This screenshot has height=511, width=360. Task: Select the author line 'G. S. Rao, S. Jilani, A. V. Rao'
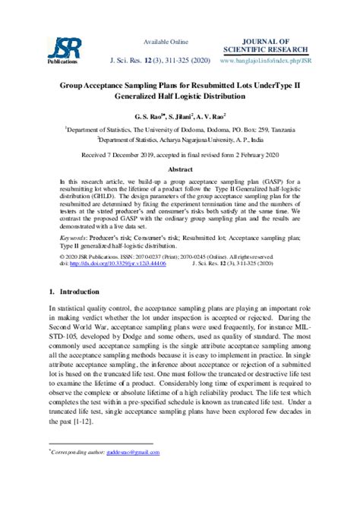[180, 118]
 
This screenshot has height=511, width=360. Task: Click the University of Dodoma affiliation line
[180, 130]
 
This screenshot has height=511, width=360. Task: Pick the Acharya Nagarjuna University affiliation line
[180, 140]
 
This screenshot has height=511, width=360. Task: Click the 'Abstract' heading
[180, 169]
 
